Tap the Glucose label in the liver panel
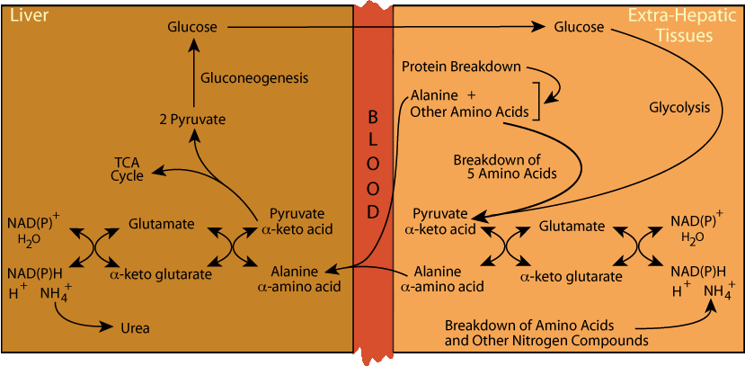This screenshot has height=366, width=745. (x=192, y=27)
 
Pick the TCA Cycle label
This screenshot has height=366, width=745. (x=128, y=168)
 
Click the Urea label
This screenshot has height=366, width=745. (x=135, y=327)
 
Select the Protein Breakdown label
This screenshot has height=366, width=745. (x=462, y=67)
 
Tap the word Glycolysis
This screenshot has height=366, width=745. (x=679, y=107)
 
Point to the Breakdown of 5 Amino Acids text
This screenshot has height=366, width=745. (x=505, y=166)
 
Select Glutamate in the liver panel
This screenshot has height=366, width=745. (x=161, y=223)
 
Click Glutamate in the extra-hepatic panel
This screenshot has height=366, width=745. (x=572, y=227)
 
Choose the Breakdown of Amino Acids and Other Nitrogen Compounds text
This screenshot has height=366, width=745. (x=546, y=334)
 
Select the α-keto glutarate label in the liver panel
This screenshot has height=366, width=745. (x=160, y=273)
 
